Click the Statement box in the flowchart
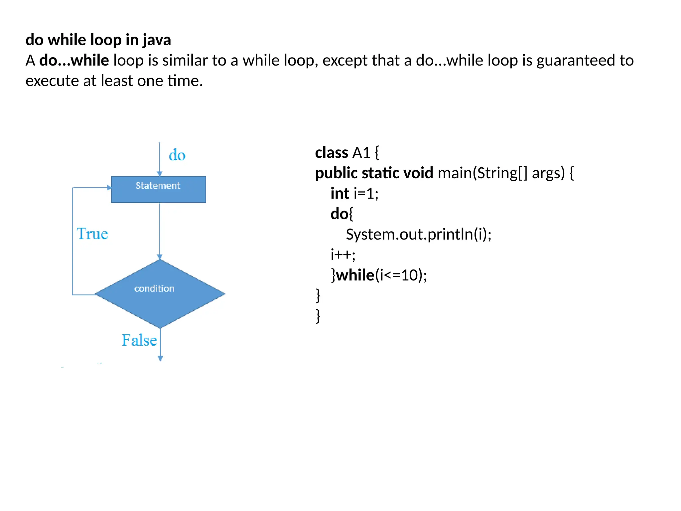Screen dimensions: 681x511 coord(158,189)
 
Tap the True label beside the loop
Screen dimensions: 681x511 coord(92,234)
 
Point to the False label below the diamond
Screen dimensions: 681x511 coord(139,340)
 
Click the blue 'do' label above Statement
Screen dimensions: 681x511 coord(177,155)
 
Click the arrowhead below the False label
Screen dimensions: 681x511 coord(160,358)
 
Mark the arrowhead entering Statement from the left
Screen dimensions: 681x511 coord(109,188)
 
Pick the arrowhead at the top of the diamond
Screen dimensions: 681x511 coord(160,257)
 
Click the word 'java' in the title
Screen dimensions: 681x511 coord(157,40)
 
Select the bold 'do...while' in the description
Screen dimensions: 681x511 coord(74,61)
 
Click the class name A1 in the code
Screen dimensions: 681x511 coord(361,153)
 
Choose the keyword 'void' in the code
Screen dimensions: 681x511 coord(418,173)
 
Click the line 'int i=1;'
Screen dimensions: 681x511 coord(354,194)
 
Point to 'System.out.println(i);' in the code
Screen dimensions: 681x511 coord(419,234)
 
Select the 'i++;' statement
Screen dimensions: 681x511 coord(343,255)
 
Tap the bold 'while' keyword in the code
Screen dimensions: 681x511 coord(355,275)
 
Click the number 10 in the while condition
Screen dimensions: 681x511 coord(409,275)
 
